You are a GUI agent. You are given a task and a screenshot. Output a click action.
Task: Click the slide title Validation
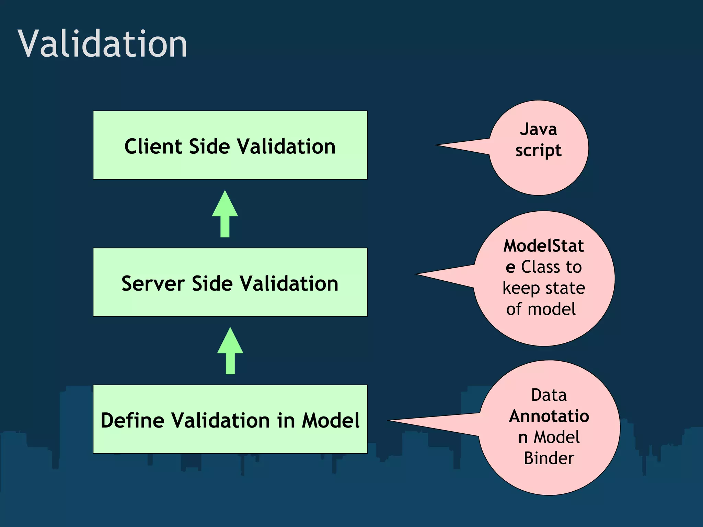pos(102,44)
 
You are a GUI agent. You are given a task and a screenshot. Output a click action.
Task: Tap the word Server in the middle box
pos(153,284)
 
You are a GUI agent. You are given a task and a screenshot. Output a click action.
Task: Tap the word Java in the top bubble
pos(538,129)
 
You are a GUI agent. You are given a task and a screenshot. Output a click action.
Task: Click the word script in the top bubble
pos(538,151)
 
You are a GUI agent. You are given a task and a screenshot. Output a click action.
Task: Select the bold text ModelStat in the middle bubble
pos(543,246)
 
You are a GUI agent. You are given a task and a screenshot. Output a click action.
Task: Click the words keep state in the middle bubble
pos(544,288)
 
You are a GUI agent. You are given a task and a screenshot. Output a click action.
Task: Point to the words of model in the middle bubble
pos(541,309)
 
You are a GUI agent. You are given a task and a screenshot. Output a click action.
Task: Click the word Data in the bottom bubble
pos(549,395)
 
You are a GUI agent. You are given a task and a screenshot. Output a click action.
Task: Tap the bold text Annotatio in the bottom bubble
pos(549,416)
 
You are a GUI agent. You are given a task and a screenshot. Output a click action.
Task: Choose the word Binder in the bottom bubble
pos(549,458)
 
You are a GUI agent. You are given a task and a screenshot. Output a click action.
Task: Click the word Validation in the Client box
pos(286,147)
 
